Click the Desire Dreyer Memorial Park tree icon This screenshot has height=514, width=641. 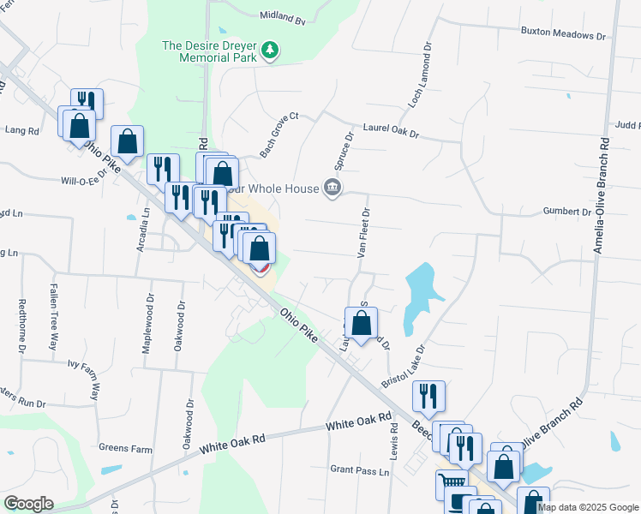(271, 50)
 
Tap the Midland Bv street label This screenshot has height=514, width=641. (282, 17)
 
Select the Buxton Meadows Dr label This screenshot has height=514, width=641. (563, 36)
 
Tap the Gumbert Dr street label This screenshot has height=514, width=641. (567, 212)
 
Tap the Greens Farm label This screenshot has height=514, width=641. (125, 447)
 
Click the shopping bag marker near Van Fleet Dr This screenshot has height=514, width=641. (362, 324)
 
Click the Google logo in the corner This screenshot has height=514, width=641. (28, 504)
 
